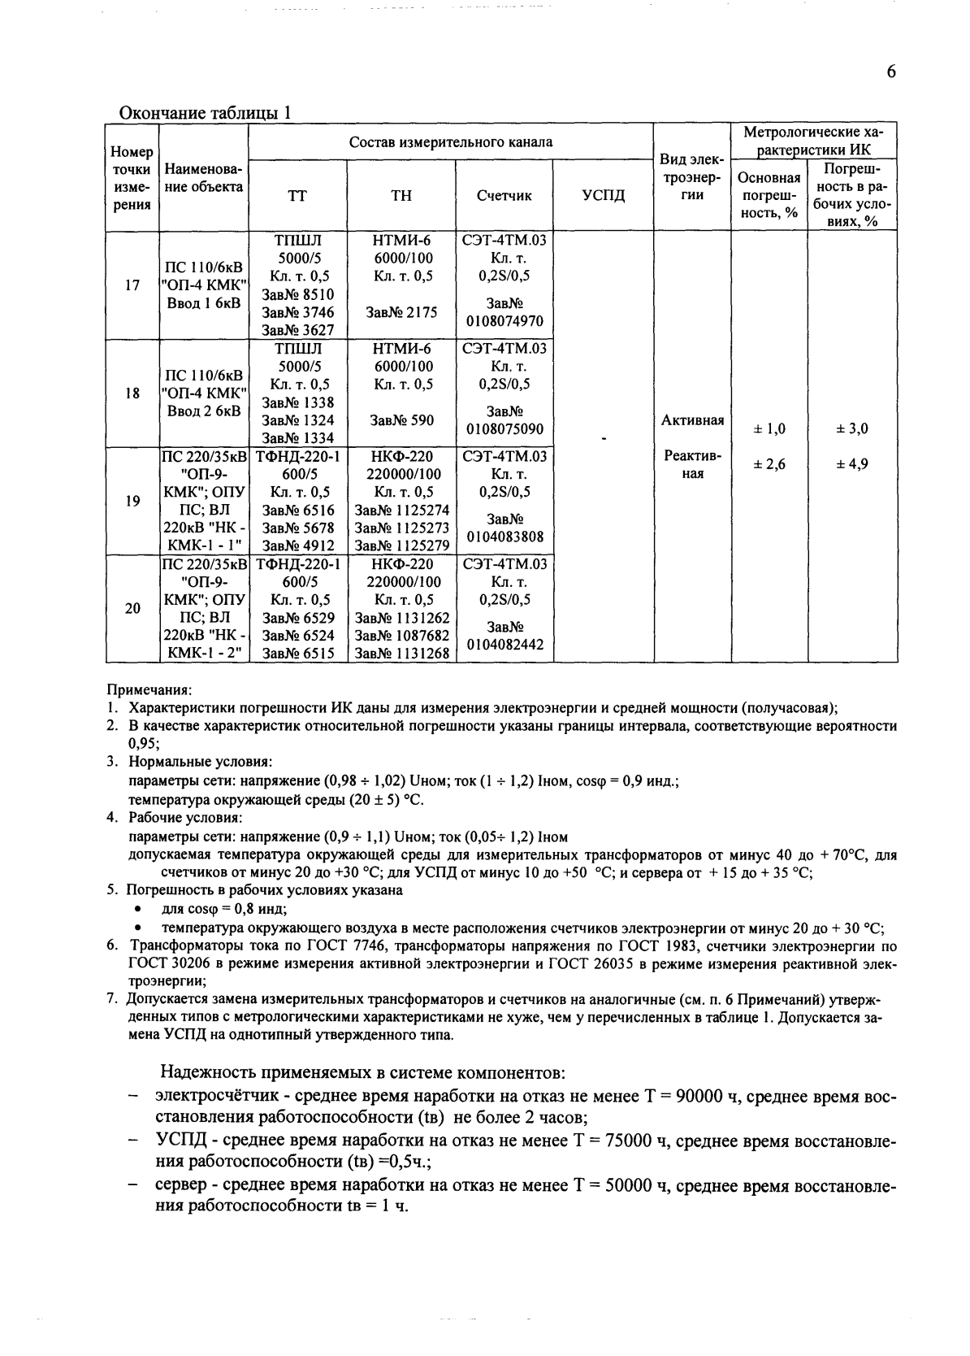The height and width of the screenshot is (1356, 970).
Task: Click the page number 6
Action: pos(891,72)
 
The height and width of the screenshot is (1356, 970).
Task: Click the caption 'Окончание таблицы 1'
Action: pos(205,113)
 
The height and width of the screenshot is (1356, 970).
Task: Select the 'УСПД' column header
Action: pos(604,196)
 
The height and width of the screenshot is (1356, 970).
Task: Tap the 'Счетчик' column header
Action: pos(504,196)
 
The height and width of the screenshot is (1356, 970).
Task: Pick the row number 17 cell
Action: pos(132,285)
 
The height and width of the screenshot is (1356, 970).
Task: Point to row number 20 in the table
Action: pos(132,608)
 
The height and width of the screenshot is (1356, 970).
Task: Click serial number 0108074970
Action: pos(504,321)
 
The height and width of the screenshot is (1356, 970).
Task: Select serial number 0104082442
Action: pos(504,645)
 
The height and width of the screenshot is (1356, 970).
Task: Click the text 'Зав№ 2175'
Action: pos(401,312)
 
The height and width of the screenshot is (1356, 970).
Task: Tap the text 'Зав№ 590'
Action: pos(401,420)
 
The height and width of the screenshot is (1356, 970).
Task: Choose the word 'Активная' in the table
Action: pos(692,420)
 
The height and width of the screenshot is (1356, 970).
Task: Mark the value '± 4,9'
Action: pos(852,464)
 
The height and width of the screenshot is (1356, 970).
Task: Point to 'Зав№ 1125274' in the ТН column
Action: pos(401,510)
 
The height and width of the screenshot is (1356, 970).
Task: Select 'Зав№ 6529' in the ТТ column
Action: pos(298,618)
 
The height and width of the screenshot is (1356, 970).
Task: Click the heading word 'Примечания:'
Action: pos(149,689)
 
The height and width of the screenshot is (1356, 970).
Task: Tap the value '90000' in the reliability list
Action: pos(701,1097)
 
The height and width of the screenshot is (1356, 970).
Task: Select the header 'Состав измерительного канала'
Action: pos(451,142)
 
